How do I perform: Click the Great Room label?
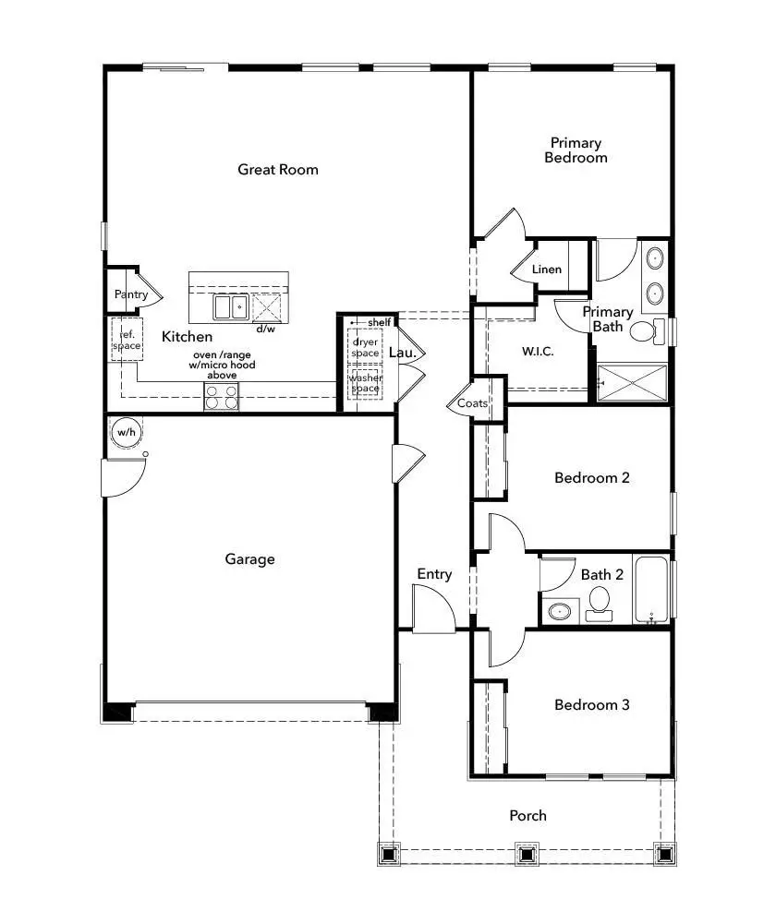[278, 169]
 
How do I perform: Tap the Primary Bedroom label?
[576, 150]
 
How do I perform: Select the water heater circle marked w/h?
[124, 431]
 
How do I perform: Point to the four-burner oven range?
[222, 397]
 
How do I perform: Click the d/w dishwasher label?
[265, 329]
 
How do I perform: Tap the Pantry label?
[130, 294]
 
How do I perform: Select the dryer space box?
[366, 347]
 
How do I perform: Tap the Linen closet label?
[547, 270]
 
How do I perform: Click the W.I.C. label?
[538, 352]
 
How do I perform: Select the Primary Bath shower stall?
[632, 382]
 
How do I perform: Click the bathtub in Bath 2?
[652, 590]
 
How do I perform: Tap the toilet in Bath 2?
[599, 602]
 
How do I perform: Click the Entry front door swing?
[433, 610]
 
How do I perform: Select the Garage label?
[249, 558]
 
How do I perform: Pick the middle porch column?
[527, 853]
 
